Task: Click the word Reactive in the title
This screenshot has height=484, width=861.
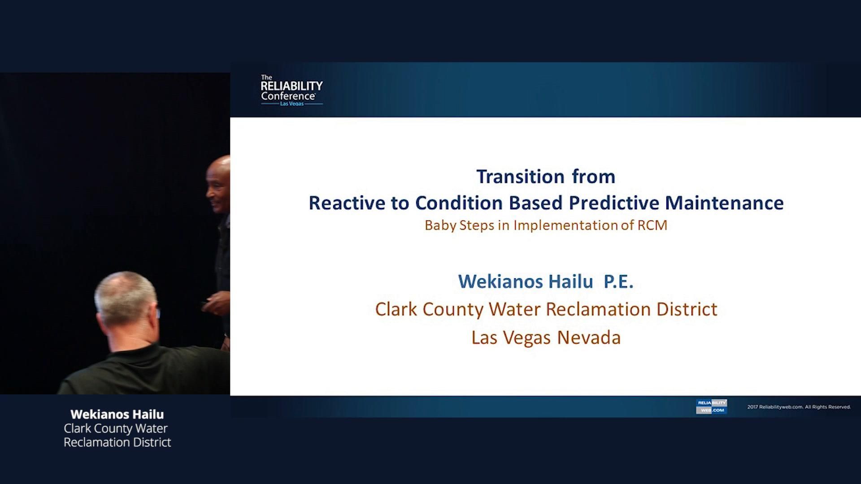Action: point(347,203)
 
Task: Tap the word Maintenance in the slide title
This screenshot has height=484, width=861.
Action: point(724,203)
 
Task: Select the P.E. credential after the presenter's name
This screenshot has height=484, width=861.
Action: point(618,281)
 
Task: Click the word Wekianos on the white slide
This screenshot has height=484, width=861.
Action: point(501,281)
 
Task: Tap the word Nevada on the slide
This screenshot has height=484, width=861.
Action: point(589,337)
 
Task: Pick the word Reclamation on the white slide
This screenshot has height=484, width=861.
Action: point(598,309)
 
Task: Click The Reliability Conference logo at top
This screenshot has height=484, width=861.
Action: point(291,91)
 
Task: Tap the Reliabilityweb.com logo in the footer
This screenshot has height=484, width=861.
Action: point(711,406)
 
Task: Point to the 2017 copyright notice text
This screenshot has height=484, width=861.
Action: point(799,407)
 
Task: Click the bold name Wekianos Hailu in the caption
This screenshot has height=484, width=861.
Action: point(117,414)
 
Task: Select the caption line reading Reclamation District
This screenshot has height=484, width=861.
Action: point(117,442)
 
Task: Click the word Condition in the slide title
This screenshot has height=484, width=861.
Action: point(459,203)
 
